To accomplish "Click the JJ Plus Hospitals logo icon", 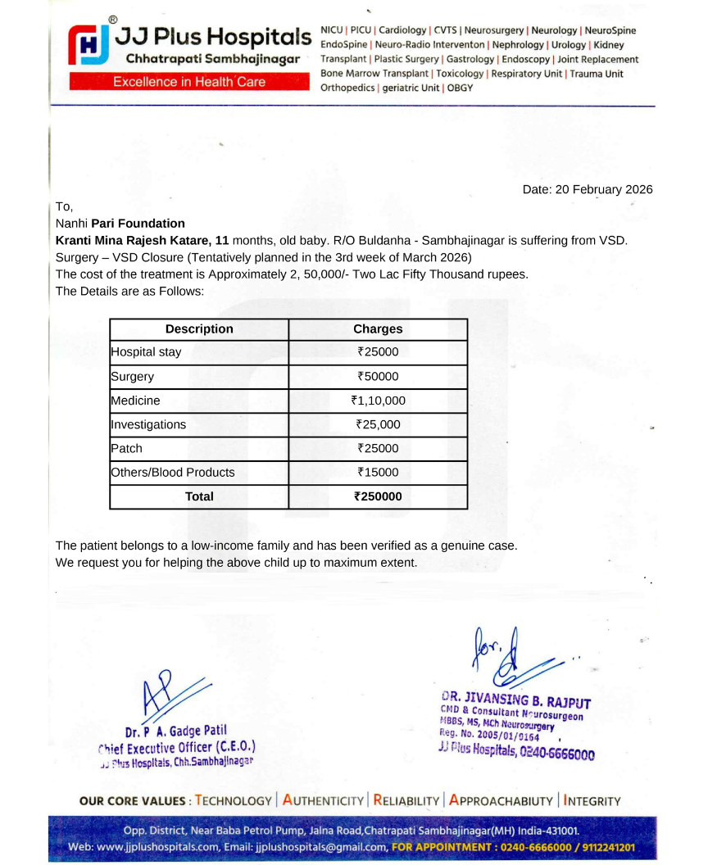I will click(88, 46).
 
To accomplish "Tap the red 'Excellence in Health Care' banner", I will click(189, 82).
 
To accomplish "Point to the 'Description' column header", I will click(199, 329).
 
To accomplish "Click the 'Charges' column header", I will click(378, 329).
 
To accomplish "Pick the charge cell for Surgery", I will click(378, 377).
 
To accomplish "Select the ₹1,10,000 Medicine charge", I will click(378, 401).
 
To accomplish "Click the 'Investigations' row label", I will click(148, 424).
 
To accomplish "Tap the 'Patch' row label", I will click(126, 448).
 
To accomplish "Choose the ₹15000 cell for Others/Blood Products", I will click(378, 472).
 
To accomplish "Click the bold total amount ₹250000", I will click(378, 496).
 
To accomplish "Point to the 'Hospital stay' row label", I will click(146, 352).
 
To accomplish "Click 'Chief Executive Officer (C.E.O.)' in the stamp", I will click(177, 747).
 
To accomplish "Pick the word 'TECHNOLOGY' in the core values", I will click(233, 801).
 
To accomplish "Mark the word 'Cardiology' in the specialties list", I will click(402, 30).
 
